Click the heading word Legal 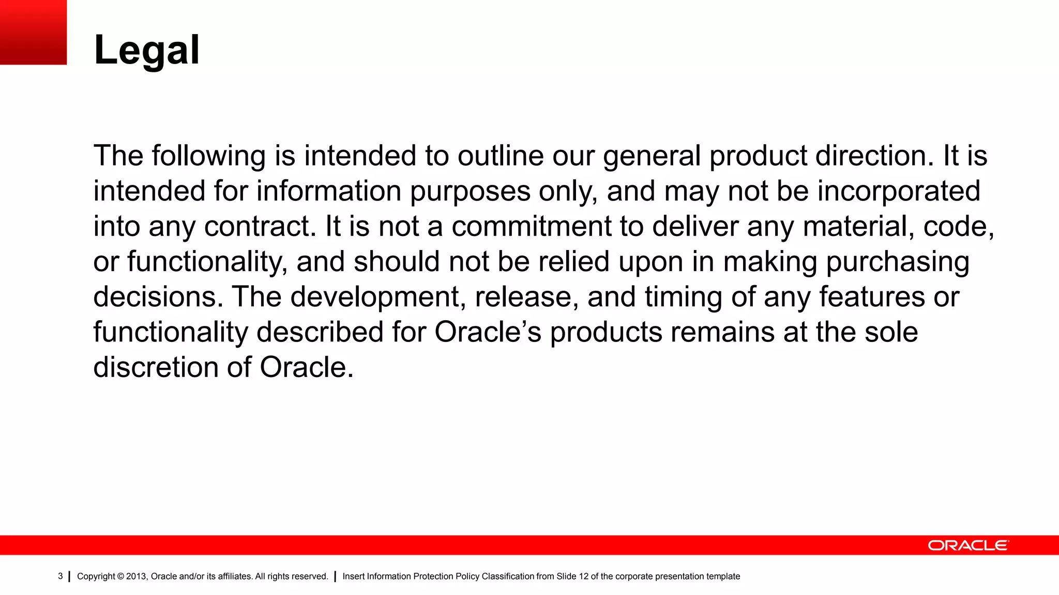click(147, 51)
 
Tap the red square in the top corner click(33, 32)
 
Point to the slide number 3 click(60, 576)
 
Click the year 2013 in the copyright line click(137, 576)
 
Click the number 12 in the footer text click(583, 576)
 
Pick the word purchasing click(897, 262)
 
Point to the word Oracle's click(488, 332)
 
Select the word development click(378, 297)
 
